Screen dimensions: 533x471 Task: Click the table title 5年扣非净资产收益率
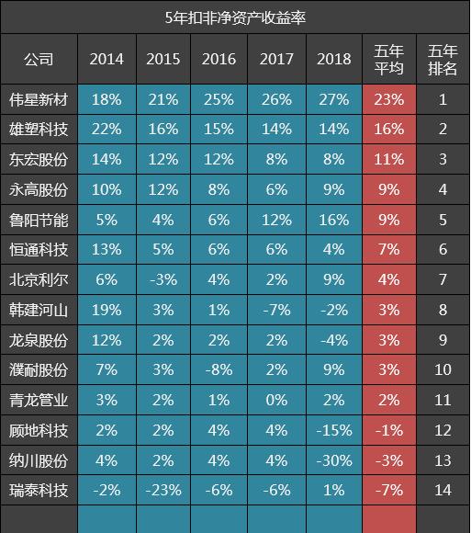235,17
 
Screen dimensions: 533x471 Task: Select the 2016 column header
219,60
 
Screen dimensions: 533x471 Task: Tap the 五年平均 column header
389,60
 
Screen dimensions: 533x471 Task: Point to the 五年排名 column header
443,60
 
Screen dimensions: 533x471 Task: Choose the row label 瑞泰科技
39,490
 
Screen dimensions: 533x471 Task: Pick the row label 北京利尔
39,279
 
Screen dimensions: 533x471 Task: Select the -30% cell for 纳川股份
333,459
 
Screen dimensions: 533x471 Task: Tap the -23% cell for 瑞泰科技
163,490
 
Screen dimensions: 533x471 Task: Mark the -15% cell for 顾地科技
333,430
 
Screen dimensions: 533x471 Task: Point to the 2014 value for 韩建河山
107,310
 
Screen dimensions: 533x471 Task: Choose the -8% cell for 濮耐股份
219,369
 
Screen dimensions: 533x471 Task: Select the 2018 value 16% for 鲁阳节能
333,220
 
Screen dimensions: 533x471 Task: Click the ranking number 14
443,490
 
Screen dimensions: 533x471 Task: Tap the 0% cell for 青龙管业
276,400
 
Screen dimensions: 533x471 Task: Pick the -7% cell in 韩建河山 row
276,310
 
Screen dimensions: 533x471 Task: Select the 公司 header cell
39,60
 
